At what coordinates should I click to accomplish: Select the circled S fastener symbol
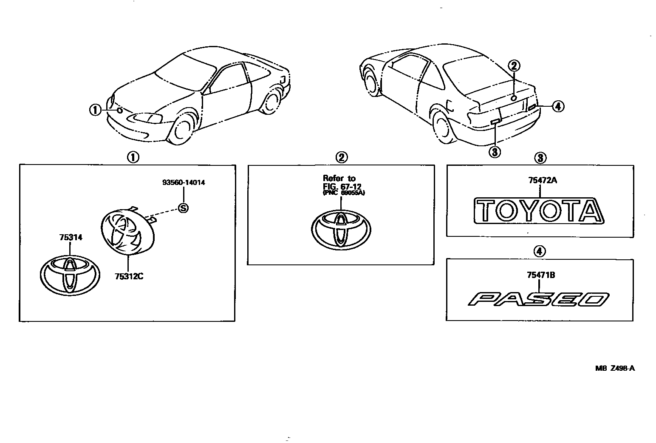click(183, 208)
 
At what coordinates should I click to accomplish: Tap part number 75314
click(71, 238)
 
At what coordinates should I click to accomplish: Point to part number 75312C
click(129, 276)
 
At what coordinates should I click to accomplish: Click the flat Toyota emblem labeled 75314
click(70, 275)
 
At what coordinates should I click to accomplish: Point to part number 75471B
click(540, 275)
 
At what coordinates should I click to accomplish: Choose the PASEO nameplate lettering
click(539, 299)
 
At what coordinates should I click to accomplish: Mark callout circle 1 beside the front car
click(95, 110)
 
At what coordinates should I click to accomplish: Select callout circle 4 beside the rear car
click(558, 106)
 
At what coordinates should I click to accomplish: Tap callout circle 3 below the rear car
click(495, 151)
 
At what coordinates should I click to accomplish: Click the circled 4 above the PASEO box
click(539, 252)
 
